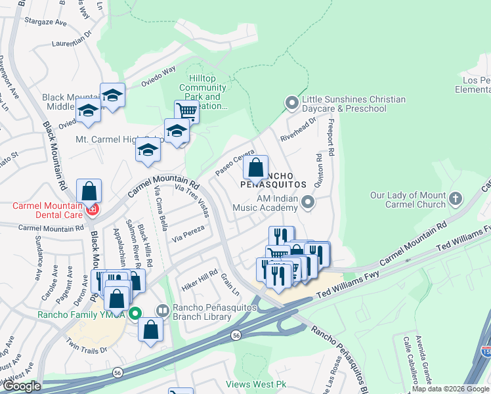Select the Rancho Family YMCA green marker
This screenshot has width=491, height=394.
pyautogui.click(x=135, y=313)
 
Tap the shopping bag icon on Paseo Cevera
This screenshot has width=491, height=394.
pyautogui.click(x=257, y=167)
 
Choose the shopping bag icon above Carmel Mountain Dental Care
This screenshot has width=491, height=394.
pyautogui.click(x=89, y=191)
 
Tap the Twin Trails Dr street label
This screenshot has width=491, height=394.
pyautogui.click(x=87, y=347)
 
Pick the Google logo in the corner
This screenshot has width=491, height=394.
pyautogui.click(x=22, y=386)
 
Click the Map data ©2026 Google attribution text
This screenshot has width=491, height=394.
pyautogui.click(x=450, y=389)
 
